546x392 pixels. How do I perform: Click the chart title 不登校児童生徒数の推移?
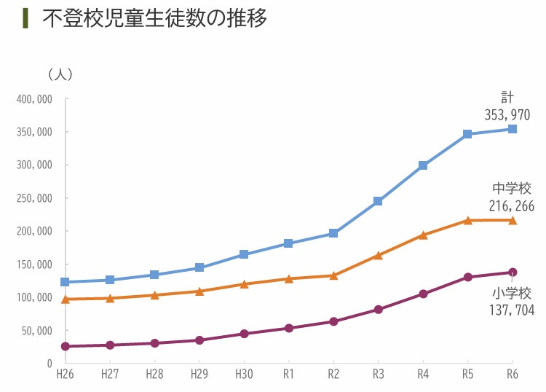coord(154,17)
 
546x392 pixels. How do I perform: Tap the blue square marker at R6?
coord(513,129)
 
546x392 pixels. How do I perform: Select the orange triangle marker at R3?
coord(379,256)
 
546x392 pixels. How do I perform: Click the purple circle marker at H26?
coord(65,346)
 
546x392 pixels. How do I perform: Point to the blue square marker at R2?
coord(333,233)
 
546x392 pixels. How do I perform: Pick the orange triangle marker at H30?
coord(244,284)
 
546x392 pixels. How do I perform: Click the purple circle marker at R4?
coord(423,294)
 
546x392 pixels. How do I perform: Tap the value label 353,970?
coord(507,115)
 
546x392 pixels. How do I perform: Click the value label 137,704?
coord(512,310)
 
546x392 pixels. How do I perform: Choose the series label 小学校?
coord(512,293)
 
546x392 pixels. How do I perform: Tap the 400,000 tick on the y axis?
coord(33,99)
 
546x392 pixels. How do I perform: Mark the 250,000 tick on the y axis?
coord(33,198)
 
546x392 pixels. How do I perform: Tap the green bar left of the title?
coord(25,17)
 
